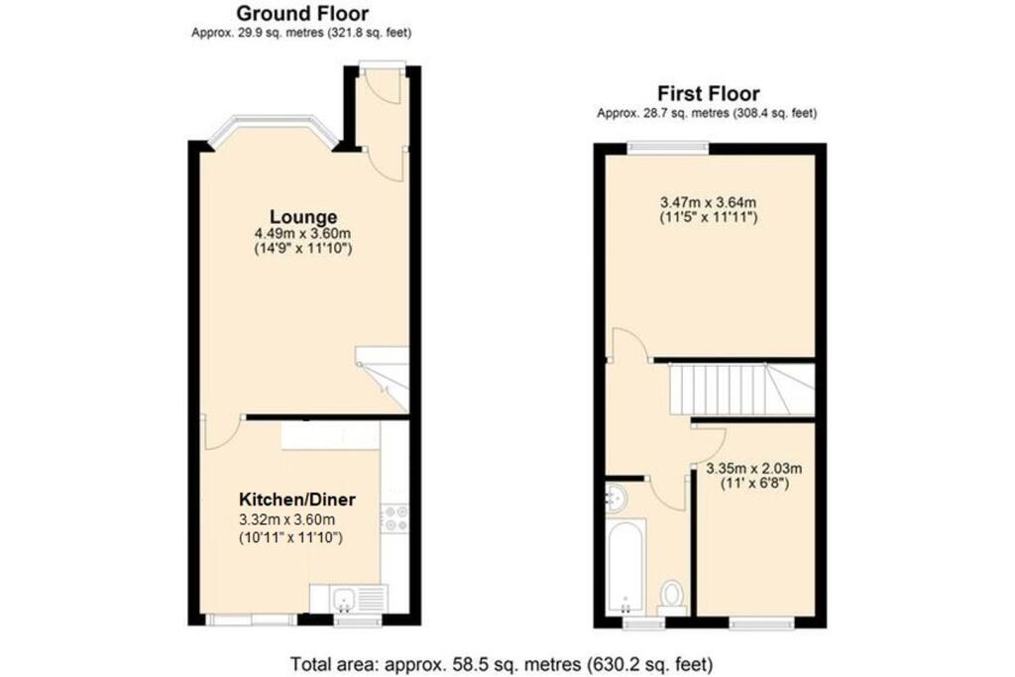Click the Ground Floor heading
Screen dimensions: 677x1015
click(302, 14)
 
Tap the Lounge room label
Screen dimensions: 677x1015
click(303, 217)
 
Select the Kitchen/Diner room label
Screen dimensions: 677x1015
click(296, 499)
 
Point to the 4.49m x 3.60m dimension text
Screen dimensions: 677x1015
click(303, 234)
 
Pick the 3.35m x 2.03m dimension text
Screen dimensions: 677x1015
click(753, 469)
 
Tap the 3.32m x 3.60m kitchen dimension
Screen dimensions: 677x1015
click(296, 519)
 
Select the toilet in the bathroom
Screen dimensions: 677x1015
click(673, 595)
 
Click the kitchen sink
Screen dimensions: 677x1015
click(347, 598)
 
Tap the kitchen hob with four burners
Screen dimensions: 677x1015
click(395, 518)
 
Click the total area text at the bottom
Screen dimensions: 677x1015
click(501, 663)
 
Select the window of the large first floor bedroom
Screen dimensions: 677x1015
click(667, 149)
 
